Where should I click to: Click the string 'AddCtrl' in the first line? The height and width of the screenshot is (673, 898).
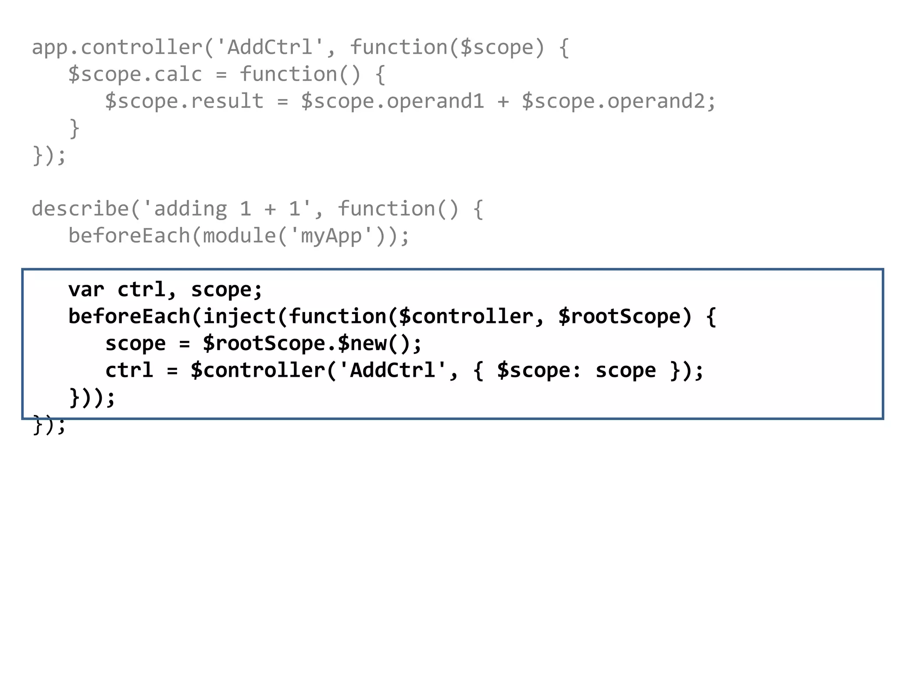pos(270,47)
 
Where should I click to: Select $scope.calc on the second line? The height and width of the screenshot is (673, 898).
pos(135,74)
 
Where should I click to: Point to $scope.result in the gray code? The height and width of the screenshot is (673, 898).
pos(184,101)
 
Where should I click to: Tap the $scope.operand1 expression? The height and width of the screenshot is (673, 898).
pos(392,101)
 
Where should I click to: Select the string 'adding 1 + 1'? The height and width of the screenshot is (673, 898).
pos(227,209)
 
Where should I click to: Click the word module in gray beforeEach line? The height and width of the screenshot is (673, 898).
pos(239,236)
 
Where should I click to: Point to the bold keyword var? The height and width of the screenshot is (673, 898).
pos(86,290)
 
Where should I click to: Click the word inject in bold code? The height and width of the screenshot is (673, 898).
pos(239,316)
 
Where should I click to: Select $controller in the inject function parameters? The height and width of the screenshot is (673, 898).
pos(466,316)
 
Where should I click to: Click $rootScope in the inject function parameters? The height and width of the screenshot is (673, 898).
pos(619,316)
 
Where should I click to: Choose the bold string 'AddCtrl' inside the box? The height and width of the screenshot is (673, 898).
pos(392,370)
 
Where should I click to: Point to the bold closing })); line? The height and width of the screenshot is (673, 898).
pos(92,397)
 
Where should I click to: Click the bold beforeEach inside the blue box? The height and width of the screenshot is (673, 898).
pos(129,316)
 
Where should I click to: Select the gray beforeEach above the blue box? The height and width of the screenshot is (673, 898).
pos(129,236)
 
